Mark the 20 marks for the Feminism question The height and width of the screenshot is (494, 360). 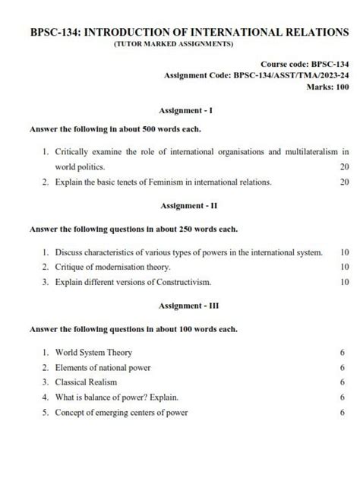coord(344,182)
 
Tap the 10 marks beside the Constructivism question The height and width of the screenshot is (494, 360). coord(344,282)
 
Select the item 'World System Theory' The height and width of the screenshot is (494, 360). coord(93,353)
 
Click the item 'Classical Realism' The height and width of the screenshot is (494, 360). coord(87,382)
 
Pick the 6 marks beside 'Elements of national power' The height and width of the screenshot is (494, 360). coord(343,368)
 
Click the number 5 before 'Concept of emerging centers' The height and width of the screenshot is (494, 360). coord(46,413)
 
